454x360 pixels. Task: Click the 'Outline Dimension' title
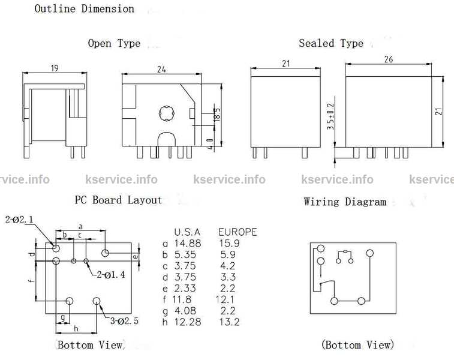coord(85,9)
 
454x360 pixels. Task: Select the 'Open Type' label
coord(114,43)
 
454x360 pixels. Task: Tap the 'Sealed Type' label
coord(331,43)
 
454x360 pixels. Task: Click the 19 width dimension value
coord(54,68)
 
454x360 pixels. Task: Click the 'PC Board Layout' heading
coord(118,200)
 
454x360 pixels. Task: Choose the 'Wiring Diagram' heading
coord(345,202)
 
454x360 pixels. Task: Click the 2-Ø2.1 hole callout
coord(20,219)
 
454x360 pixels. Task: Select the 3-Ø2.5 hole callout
coord(124,321)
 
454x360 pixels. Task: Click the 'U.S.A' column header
coord(187,232)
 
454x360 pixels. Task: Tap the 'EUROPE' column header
coord(237,232)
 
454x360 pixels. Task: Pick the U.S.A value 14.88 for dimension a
coord(188,244)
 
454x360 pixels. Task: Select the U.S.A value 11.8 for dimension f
coord(185,299)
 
